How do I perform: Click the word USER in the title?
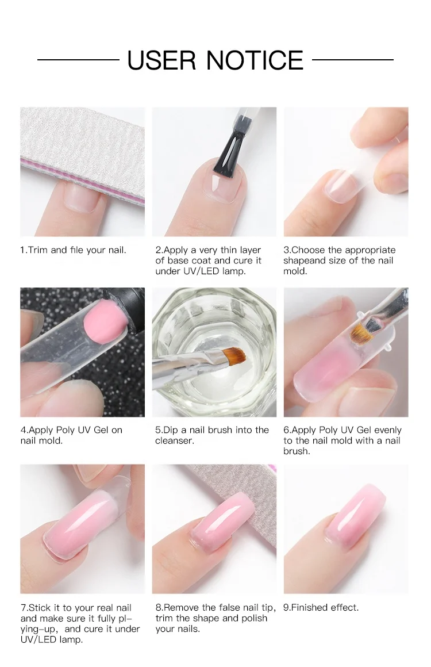tap(163, 60)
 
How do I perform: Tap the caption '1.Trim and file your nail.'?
tap(73, 250)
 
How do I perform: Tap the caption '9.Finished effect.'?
tap(321, 607)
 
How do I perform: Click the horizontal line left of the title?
tap(78, 60)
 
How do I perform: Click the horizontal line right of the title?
tap(353, 60)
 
